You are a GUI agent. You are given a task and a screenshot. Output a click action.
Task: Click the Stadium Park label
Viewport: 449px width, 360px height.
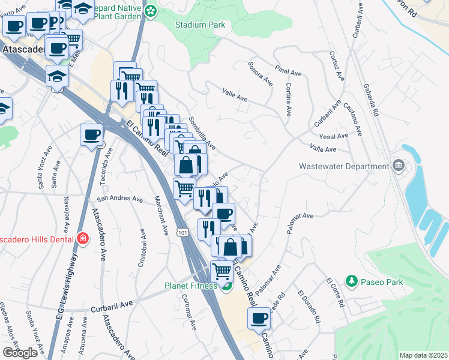point(200,25)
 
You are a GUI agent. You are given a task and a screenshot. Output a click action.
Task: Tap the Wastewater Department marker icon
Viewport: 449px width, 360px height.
point(397,166)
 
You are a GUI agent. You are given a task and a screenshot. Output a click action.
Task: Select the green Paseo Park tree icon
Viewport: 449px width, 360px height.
point(351,280)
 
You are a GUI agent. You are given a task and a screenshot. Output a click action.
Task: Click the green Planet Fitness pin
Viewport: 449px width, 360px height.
point(226,286)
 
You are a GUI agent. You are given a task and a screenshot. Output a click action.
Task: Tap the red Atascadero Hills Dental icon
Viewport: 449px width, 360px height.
point(82,239)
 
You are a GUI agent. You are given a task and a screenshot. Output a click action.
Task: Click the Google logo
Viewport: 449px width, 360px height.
point(20,353)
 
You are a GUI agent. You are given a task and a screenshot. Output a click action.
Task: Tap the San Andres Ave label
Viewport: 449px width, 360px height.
point(120,199)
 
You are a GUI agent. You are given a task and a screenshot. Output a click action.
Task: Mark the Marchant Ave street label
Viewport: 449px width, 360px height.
point(161,216)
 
